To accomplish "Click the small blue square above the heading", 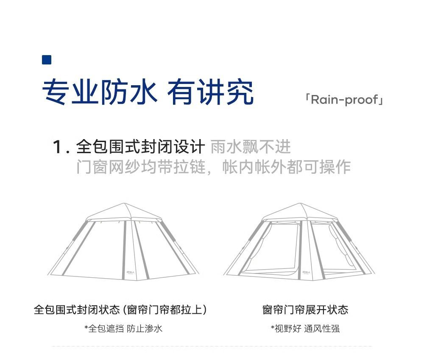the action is (x=47, y=60).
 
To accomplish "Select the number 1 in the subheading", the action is (x=58, y=148).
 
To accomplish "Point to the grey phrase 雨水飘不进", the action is (x=251, y=147).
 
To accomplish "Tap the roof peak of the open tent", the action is (x=301, y=205).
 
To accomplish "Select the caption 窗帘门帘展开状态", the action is (x=305, y=310).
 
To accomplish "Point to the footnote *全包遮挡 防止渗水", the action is (x=123, y=329).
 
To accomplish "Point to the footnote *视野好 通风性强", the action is (x=305, y=329).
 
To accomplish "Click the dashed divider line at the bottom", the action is (x=212, y=346).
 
